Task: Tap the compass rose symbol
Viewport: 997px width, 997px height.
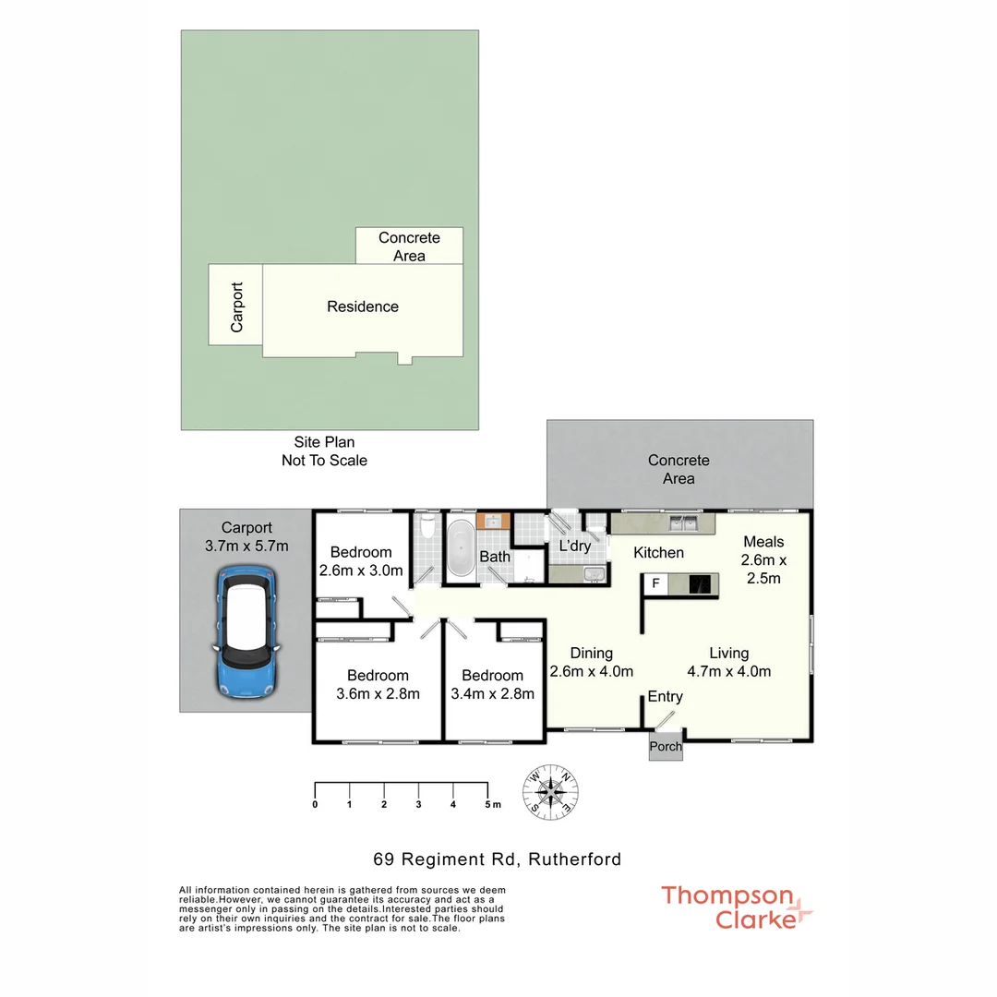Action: click(551, 791)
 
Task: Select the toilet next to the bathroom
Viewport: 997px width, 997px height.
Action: click(426, 530)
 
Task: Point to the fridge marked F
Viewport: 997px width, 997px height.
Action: click(655, 583)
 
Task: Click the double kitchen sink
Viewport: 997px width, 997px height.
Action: click(684, 523)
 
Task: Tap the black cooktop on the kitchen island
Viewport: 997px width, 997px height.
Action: click(702, 583)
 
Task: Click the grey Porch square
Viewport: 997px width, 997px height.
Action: click(666, 746)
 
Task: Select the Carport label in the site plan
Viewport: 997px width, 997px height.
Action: click(236, 306)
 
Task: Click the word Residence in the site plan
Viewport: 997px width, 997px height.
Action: click(363, 306)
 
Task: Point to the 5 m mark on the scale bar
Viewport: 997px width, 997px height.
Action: click(488, 804)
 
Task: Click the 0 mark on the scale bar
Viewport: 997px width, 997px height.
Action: click(316, 804)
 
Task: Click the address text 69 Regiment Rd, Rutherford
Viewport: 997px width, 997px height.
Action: click(497, 859)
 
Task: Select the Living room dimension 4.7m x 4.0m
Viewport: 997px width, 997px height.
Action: click(729, 671)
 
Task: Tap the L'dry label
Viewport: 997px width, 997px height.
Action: click(574, 546)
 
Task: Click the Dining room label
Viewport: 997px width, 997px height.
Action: click(591, 653)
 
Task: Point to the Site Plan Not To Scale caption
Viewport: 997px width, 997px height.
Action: click(324, 451)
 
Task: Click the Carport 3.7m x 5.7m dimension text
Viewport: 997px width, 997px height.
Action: click(246, 546)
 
